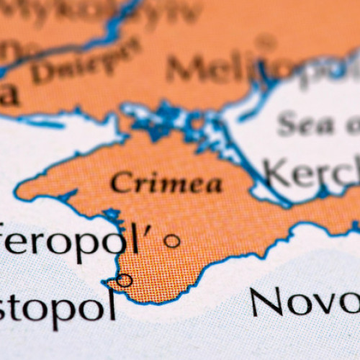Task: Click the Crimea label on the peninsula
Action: coord(166,183)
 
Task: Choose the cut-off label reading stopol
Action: coord(58,306)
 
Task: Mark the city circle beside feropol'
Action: coord(172,241)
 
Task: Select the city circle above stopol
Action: coord(125,280)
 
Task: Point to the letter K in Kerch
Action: coord(276,173)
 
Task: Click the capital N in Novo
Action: coord(267,302)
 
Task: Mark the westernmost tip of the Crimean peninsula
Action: coord(17,192)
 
